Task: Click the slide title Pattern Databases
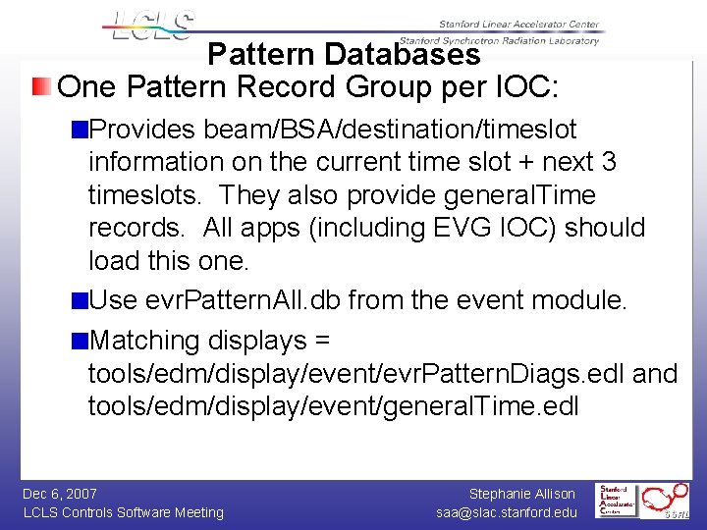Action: point(344,54)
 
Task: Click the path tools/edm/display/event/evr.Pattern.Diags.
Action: point(354,374)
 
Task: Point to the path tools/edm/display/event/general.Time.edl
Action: point(334,406)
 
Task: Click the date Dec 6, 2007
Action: point(60,494)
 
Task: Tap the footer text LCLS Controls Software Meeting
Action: point(123,512)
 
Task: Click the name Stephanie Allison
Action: point(522,494)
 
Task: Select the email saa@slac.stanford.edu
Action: point(508,512)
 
